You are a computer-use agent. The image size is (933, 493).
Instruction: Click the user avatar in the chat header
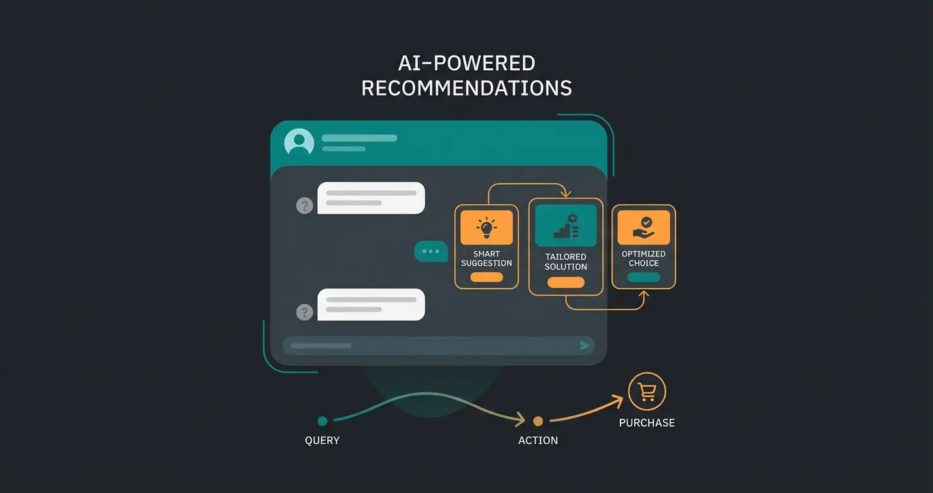[299, 142]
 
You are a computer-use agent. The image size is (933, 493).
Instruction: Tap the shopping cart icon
[647, 392]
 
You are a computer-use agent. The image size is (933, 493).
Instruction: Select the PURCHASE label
[647, 423]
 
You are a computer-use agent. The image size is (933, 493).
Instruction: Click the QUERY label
[322, 441]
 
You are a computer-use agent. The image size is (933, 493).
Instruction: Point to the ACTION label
[538, 441]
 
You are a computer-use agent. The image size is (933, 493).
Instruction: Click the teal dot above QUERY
[322, 421]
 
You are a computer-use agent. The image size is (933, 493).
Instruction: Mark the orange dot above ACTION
[538, 421]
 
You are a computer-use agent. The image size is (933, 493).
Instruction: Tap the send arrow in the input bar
[585, 345]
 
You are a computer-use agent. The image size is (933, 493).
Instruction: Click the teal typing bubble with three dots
[431, 252]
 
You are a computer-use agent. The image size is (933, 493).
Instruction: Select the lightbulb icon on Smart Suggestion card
[486, 227]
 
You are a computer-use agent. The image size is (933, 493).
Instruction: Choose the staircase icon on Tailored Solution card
[565, 226]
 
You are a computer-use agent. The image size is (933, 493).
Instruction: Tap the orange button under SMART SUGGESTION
[486, 277]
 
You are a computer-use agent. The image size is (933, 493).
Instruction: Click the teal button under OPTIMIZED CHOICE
[643, 277]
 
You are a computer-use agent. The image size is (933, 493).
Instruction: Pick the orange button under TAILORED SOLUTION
[565, 283]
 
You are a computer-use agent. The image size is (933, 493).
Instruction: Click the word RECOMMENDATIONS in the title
[466, 88]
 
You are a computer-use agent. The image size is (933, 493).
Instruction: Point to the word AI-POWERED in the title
[466, 64]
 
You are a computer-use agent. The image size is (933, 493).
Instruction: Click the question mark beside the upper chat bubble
[305, 206]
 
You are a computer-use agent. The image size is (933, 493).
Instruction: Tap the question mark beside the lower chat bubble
[305, 312]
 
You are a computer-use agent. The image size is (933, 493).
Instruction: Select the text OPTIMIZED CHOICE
[643, 258]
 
